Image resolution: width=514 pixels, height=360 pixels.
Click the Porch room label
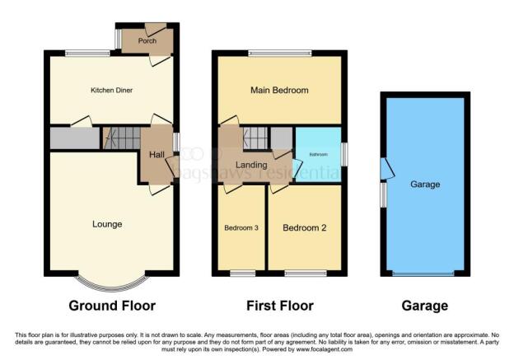click(x=147, y=40)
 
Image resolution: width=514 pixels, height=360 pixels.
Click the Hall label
click(x=157, y=155)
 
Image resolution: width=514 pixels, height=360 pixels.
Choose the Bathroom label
click(x=319, y=154)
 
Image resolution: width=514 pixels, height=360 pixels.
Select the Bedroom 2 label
click(x=306, y=228)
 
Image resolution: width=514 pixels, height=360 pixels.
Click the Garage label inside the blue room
click(x=425, y=185)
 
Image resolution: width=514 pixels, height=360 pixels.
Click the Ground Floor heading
click(x=113, y=306)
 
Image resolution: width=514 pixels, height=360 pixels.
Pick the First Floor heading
click(x=280, y=306)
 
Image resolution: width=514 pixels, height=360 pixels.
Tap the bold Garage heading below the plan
click(x=425, y=306)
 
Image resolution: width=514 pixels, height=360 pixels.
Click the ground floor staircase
click(x=120, y=138)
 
